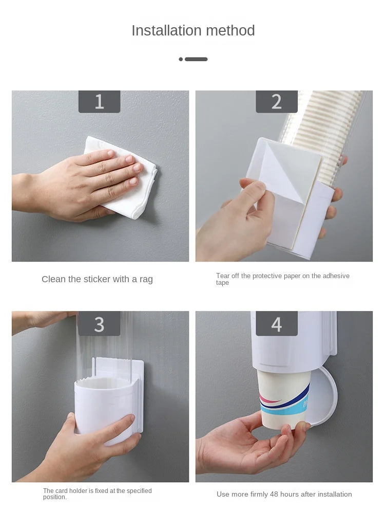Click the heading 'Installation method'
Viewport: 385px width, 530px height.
pyautogui.click(x=193, y=31)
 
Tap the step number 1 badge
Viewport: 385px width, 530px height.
pyautogui.click(x=99, y=102)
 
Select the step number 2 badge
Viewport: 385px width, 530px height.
pyautogui.click(x=277, y=102)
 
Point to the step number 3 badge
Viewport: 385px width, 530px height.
pyautogui.click(x=99, y=324)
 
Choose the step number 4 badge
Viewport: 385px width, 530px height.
pyautogui.click(x=277, y=324)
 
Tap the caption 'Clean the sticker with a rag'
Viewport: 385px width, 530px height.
pyautogui.click(x=97, y=279)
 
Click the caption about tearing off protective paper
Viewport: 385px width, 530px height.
pyautogui.click(x=282, y=279)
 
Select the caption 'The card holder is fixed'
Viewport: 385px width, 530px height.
pyautogui.click(x=97, y=494)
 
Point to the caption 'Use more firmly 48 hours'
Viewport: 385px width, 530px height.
pyautogui.click(x=284, y=494)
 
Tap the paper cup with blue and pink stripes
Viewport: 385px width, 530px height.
pyautogui.click(x=283, y=398)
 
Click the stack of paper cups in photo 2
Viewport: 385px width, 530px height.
pyautogui.click(x=323, y=123)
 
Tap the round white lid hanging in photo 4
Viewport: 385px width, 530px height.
pyautogui.click(x=323, y=396)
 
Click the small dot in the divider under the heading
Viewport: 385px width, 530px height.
pyautogui.click(x=181, y=59)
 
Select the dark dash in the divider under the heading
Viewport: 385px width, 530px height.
pyautogui.click(x=196, y=59)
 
